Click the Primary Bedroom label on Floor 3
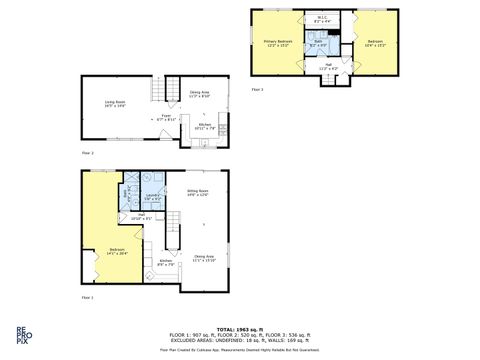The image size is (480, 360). tap(278, 42)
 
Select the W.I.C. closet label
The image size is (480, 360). tap(323, 19)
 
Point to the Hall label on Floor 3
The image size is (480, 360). tap(328, 67)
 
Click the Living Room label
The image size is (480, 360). tap(115, 103)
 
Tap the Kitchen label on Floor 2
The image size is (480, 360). tap(203, 127)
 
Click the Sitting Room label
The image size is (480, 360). tap(198, 193)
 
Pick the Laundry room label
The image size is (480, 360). tap(152, 196)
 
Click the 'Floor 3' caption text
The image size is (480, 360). tap(257, 90)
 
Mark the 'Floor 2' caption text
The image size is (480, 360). tap(87, 153)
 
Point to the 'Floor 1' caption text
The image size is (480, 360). tap(87, 297)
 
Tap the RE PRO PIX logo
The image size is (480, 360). tap(21, 336)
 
